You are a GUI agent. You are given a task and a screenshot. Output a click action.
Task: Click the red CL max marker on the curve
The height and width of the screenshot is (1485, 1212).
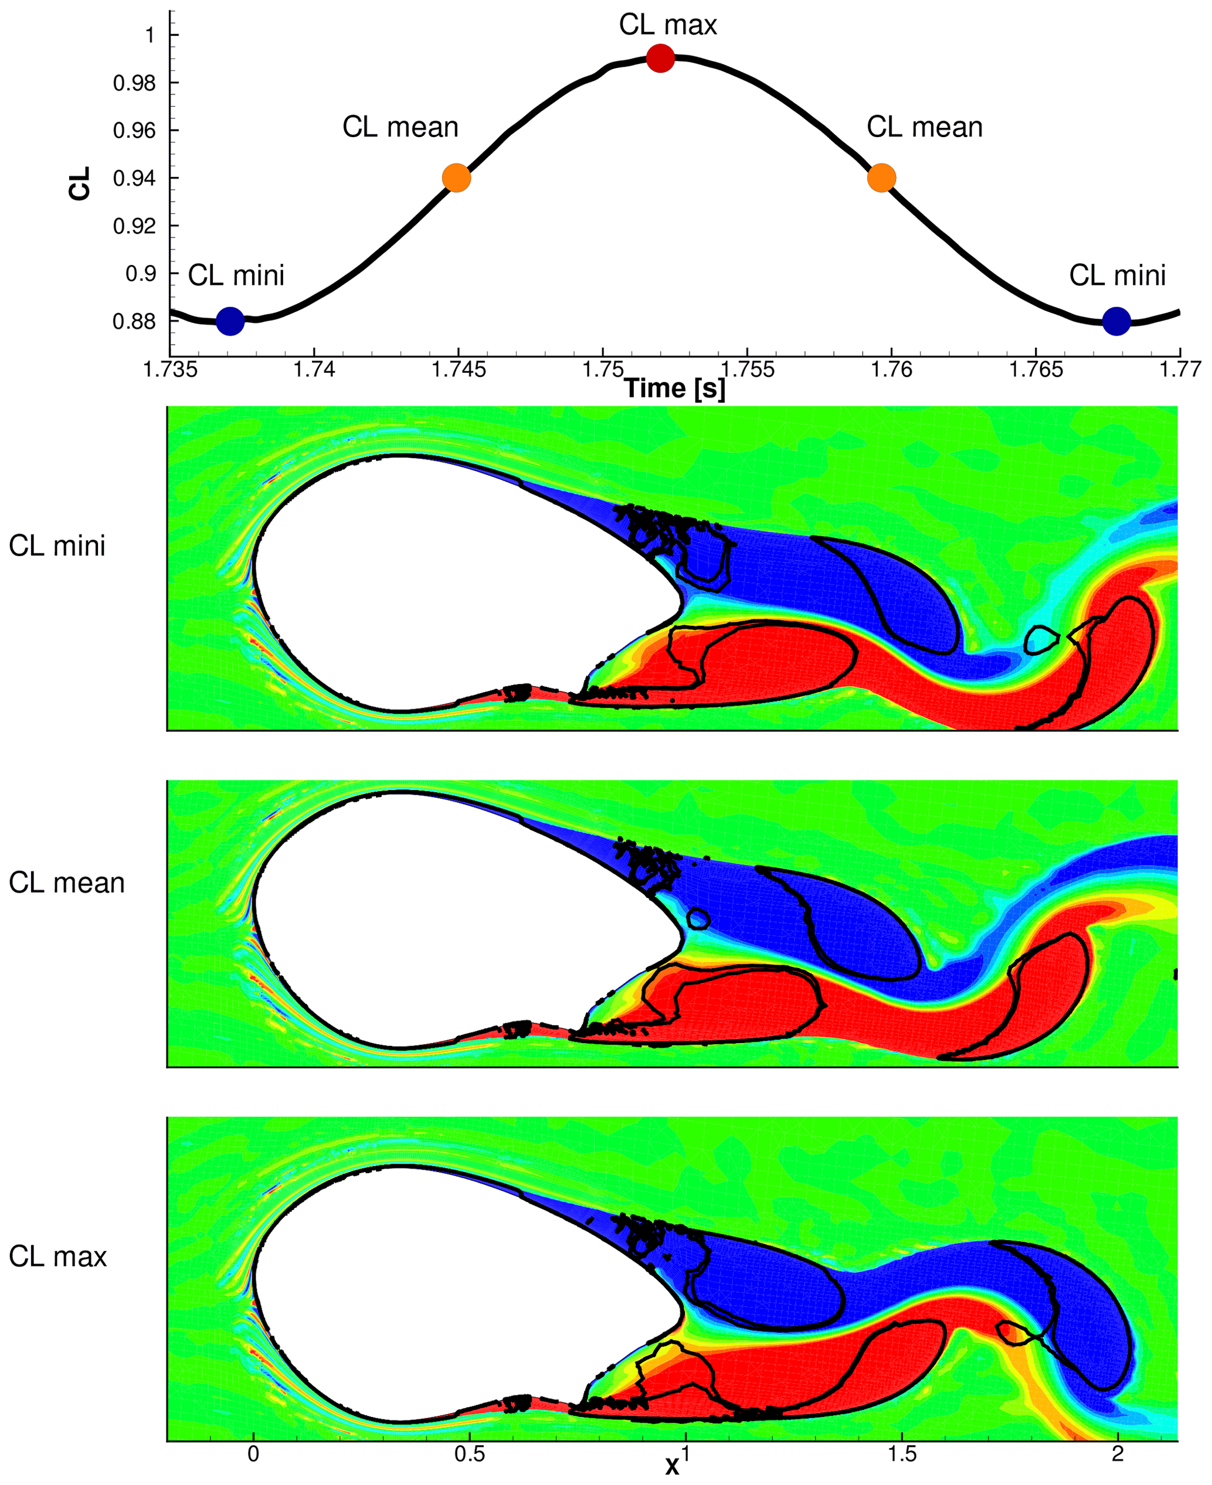coord(660,58)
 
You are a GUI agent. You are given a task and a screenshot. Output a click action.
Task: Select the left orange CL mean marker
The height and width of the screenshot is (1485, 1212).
coord(457,178)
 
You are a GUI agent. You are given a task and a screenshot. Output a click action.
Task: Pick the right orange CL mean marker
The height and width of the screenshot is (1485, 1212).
coord(881,178)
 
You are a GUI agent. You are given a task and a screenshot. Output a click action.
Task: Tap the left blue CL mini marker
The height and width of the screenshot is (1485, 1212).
coord(230,321)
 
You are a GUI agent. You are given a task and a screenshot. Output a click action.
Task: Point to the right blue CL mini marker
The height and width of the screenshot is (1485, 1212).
coord(1116,321)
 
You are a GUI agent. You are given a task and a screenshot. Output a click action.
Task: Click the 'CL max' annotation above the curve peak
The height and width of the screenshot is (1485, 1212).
coord(667,25)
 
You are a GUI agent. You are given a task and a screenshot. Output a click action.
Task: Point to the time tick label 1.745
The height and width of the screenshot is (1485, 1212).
coord(459,369)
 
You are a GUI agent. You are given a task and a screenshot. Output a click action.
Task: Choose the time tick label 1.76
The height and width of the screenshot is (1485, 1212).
coord(891,369)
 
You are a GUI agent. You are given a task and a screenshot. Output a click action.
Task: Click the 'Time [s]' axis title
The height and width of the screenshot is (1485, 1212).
coord(674,389)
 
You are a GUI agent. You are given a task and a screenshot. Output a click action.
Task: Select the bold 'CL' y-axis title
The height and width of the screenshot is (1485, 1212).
coord(80,183)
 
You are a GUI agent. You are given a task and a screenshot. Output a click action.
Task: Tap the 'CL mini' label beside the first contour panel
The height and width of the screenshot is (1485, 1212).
coord(57,546)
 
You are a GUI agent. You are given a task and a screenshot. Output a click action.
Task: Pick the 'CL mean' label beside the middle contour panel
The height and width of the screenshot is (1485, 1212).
coord(66,883)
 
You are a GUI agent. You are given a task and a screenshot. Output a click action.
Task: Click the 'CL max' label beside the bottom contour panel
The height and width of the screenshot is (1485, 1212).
coord(58,1257)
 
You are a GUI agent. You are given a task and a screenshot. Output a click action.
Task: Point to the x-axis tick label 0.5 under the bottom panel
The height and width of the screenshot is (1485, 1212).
coord(469,1455)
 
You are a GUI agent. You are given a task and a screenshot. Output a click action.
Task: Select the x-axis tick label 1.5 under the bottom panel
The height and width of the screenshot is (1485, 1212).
coord(901,1455)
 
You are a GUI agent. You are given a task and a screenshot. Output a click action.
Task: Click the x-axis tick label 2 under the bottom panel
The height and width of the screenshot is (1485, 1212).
coord(1118,1455)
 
